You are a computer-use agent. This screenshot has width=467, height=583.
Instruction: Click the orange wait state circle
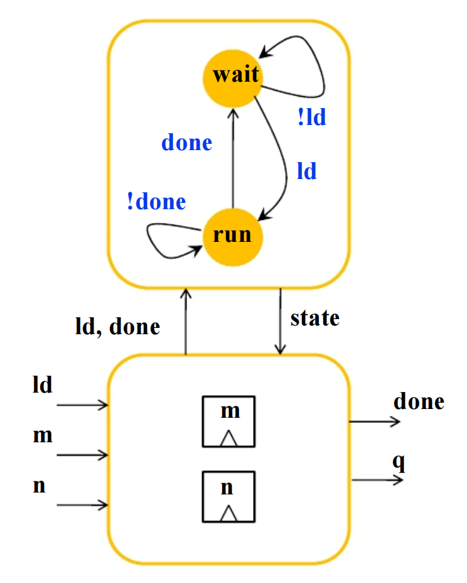click(233, 79)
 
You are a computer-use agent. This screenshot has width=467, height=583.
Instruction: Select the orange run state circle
click(233, 237)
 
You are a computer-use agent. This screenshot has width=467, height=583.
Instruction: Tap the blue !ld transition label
click(312, 117)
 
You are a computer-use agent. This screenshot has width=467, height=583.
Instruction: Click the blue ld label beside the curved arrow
click(306, 171)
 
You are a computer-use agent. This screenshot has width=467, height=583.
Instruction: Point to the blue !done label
click(156, 201)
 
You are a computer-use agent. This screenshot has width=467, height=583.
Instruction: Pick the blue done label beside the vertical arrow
click(187, 143)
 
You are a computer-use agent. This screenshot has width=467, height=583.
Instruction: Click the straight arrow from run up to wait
click(233, 158)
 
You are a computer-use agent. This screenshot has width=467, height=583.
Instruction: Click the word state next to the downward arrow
click(315, 319)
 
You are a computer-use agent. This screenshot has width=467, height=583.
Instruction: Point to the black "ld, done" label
click(118, 327)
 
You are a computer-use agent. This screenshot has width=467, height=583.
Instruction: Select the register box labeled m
click(228, 422)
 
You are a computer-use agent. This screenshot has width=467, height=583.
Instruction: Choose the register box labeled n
click(228, 497)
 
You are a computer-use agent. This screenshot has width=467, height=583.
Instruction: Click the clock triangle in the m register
click(228, 438)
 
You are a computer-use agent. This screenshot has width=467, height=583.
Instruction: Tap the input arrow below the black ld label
click(82, 405)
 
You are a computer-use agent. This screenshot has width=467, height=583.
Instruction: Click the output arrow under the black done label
click(375, 422)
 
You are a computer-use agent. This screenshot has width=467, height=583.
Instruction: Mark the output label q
click(399, 462)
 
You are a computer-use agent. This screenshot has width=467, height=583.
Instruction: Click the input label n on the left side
click(39, 486)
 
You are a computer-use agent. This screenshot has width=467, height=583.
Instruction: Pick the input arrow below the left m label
click(82, 455)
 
